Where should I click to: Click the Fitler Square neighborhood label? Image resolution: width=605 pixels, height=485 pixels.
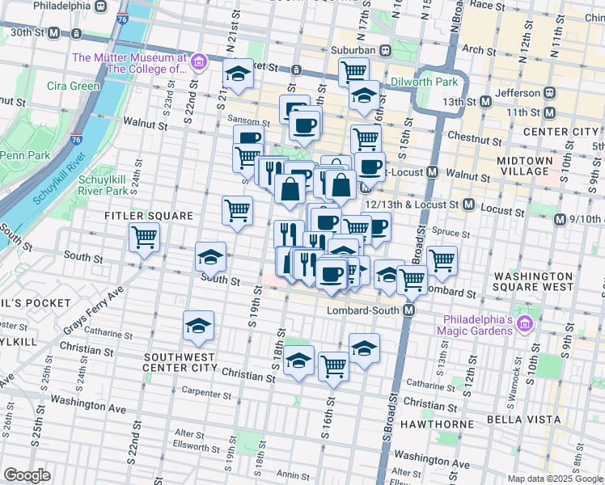(148, 216)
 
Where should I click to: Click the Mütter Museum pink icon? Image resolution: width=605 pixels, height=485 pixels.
(198, 62)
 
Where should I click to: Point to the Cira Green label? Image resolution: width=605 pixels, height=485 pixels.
(73, 86)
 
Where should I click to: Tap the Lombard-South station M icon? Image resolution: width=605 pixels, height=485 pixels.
(410, 310)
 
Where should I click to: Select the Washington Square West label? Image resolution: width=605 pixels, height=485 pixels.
(535, 280)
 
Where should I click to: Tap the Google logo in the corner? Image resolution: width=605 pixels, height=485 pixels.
(27, 475)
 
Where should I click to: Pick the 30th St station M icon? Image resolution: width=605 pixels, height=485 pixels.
(54, 33)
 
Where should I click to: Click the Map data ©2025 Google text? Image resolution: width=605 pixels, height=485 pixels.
(556, 479)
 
